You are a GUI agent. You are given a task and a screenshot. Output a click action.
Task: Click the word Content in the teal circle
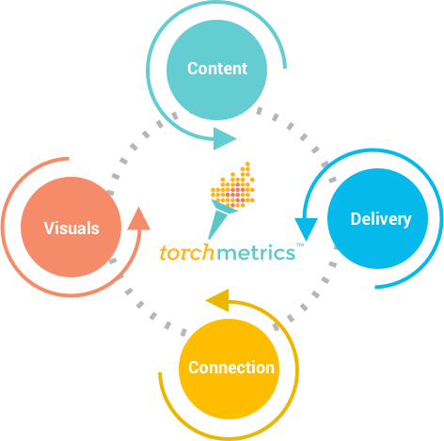coord(217,69)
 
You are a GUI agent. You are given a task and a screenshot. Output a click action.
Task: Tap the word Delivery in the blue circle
coord(380,219)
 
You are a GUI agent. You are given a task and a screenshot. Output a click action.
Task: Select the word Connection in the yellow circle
coord(231,367)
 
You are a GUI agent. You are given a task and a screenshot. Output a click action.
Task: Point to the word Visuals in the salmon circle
coord(71,228)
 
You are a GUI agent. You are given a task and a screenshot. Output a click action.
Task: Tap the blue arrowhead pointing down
coord(305,228)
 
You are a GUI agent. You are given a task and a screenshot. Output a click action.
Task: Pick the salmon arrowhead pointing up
coord(138,218)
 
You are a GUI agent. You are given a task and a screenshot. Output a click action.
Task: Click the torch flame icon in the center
coord(232,187)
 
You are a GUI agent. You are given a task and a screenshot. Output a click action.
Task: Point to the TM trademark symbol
coord(300,246)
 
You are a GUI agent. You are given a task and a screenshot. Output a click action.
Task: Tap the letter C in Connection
coord(194,368)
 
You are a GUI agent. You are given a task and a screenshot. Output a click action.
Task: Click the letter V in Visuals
coord(49,228)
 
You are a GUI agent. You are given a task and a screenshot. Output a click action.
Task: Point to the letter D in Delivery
coord(356,219)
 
